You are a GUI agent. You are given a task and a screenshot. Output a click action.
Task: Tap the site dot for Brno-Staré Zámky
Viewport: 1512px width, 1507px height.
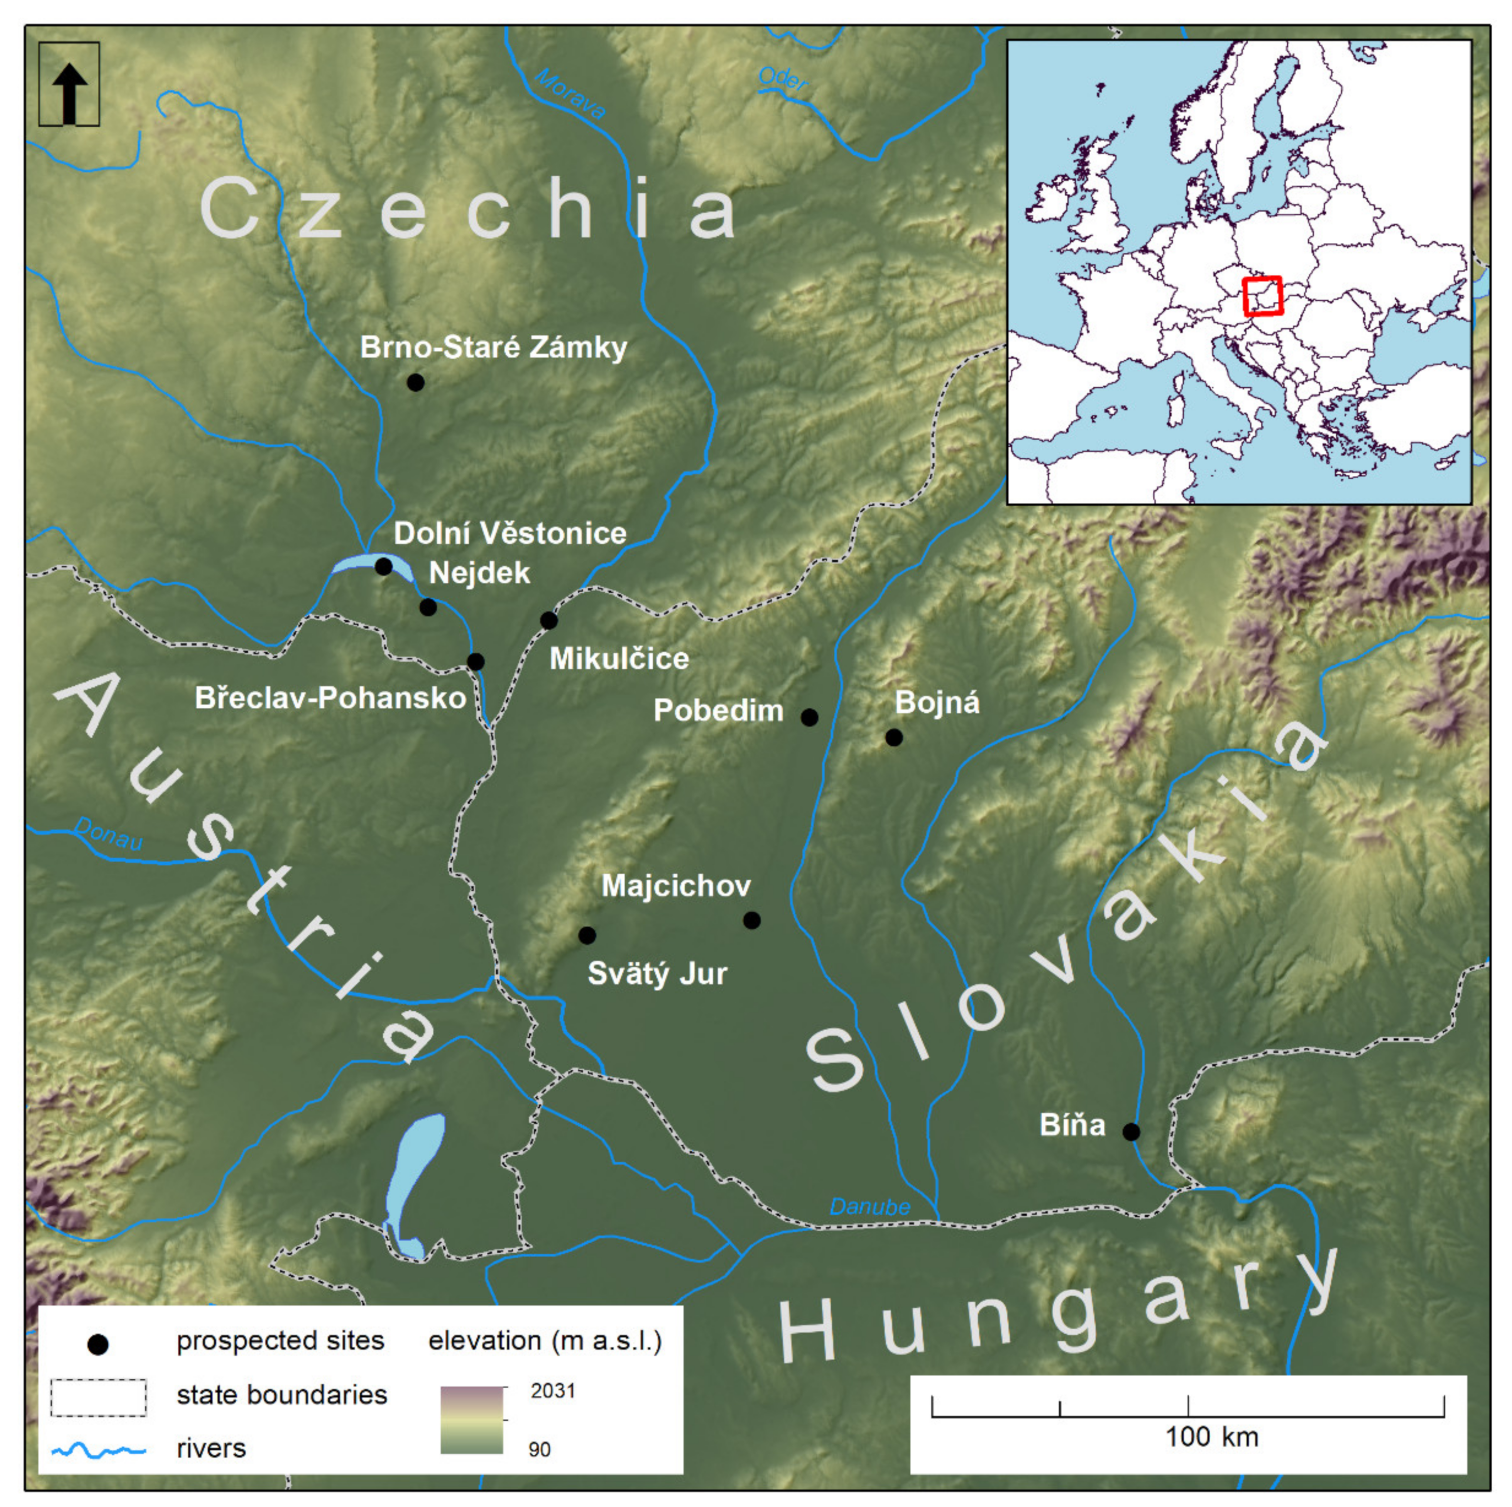pos(416,383)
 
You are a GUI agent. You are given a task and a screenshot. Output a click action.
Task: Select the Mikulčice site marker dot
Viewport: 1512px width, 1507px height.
pos(550,620)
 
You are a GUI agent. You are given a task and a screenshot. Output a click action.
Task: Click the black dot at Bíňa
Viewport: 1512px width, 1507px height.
pos(1131,1132)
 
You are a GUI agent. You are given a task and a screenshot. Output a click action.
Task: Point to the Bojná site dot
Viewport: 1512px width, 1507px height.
pos(894,737)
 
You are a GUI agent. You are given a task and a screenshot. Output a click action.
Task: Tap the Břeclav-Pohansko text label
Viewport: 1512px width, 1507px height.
pos(330,698)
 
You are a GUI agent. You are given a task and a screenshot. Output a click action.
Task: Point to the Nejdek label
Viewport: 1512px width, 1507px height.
pos(479,573)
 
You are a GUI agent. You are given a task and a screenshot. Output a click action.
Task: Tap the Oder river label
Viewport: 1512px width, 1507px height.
pos(783,78)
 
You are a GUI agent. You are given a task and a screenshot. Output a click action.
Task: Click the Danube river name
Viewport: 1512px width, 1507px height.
pos(870,1207)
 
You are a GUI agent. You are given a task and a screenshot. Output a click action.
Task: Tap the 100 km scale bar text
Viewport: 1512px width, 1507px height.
pos(1212,1437)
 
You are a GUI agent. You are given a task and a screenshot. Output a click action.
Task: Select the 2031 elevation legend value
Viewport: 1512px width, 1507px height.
pos(553,1390)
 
